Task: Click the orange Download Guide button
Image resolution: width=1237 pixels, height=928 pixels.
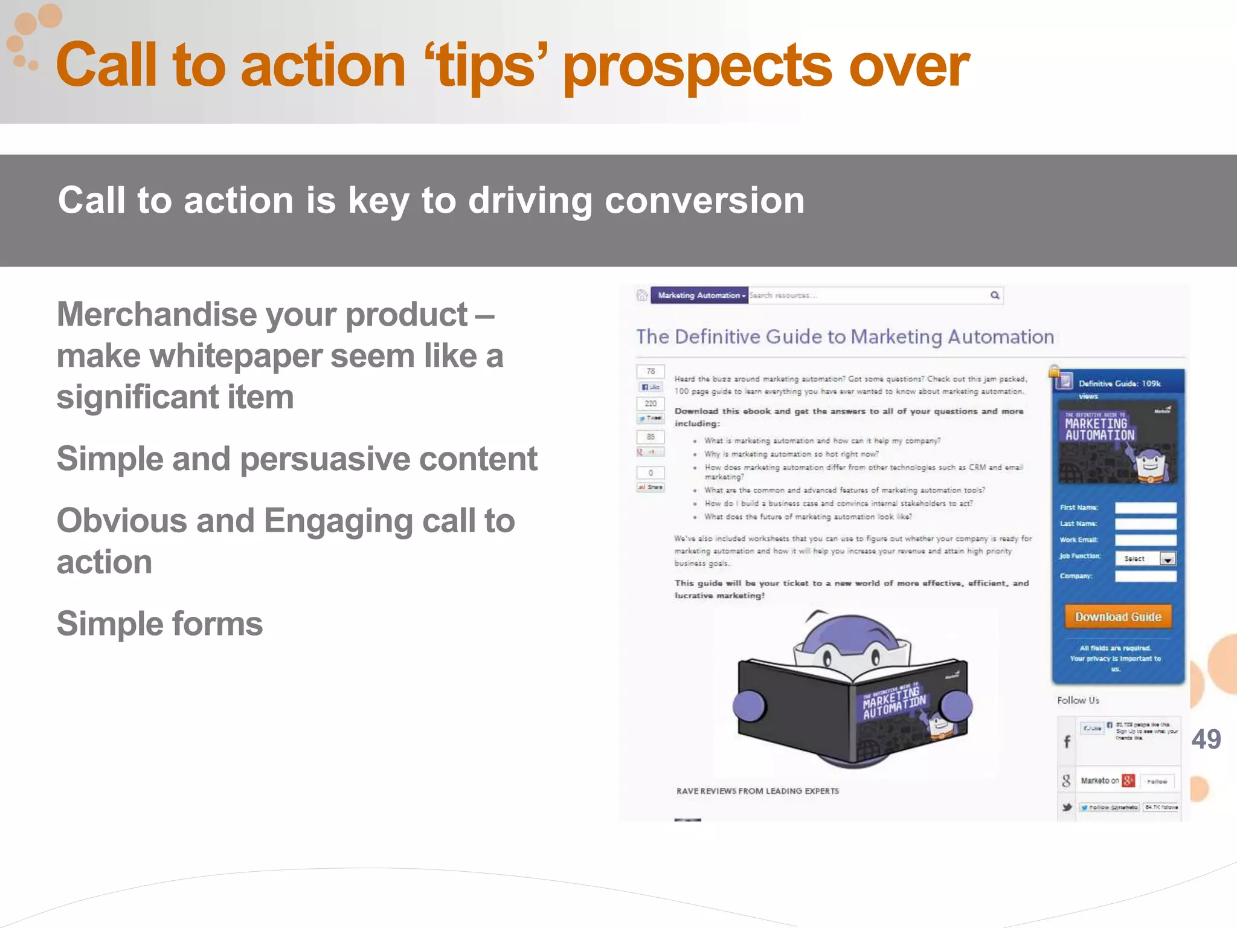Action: (x=1118, y=617)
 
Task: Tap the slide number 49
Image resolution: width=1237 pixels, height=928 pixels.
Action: (x=1206, y=739)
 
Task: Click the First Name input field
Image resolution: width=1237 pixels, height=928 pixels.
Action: (x=1145, y=507)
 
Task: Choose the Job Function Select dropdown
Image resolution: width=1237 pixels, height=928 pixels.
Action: (x=1145, y=559)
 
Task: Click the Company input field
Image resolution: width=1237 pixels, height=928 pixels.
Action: (x=1145, y=576)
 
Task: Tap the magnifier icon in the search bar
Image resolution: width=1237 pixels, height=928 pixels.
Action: (x=994, y=295)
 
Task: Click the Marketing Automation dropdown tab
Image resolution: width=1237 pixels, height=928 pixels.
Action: (x=699, y=295)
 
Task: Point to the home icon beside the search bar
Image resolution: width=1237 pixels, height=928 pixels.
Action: (x=641, y=295)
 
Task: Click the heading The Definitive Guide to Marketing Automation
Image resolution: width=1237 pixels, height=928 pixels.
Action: (x=844, y=337)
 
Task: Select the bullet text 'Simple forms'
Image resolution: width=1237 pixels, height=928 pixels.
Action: (x=159, y=623)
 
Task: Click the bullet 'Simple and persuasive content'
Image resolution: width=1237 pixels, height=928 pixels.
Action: (x=297, y=459)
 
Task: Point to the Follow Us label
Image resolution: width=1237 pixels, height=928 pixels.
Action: (x=1078, y=700)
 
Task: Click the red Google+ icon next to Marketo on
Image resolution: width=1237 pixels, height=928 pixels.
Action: (x=1128, y=781)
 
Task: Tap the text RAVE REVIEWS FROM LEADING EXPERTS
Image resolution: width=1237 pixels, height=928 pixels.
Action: (x=757, y=791)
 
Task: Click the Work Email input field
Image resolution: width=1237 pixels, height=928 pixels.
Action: (x=1145, y=540)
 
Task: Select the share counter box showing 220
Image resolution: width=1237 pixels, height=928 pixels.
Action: (x=651, y=404)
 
